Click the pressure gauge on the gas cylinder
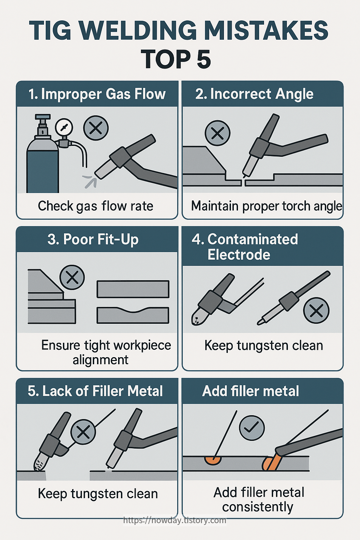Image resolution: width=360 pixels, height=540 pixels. [x=64, y=127]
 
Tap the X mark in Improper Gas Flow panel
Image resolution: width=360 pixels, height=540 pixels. [x=96, y=128]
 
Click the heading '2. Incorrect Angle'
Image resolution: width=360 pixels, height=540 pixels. [x=254, y=94]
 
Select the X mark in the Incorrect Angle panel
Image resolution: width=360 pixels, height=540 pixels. [x=217, y=133]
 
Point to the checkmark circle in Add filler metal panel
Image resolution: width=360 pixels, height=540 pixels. [x=252, y=427]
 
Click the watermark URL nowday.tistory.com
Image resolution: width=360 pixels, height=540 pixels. [x=175, y=520]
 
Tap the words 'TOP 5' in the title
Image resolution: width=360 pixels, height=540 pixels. [x=176, y=59]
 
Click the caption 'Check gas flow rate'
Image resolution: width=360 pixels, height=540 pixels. [x=96, y=206]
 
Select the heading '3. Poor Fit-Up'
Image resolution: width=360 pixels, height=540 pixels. [x=93, y=239]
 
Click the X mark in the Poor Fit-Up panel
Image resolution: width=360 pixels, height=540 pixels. [x=72, y=277]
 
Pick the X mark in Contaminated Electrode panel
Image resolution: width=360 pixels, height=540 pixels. [x=316, y=310]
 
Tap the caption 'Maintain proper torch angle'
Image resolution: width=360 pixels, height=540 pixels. [x=266, y=206]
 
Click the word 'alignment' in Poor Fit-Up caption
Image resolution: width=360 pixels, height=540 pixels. [x=101, y=360]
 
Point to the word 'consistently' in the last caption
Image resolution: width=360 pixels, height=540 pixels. [x=258, y=507]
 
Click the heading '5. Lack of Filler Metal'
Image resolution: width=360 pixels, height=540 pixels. [x=95, y=391]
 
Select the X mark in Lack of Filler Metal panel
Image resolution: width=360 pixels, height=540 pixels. [x=83, y=432]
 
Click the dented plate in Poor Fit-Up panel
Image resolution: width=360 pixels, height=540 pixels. [x=133, y=315]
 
